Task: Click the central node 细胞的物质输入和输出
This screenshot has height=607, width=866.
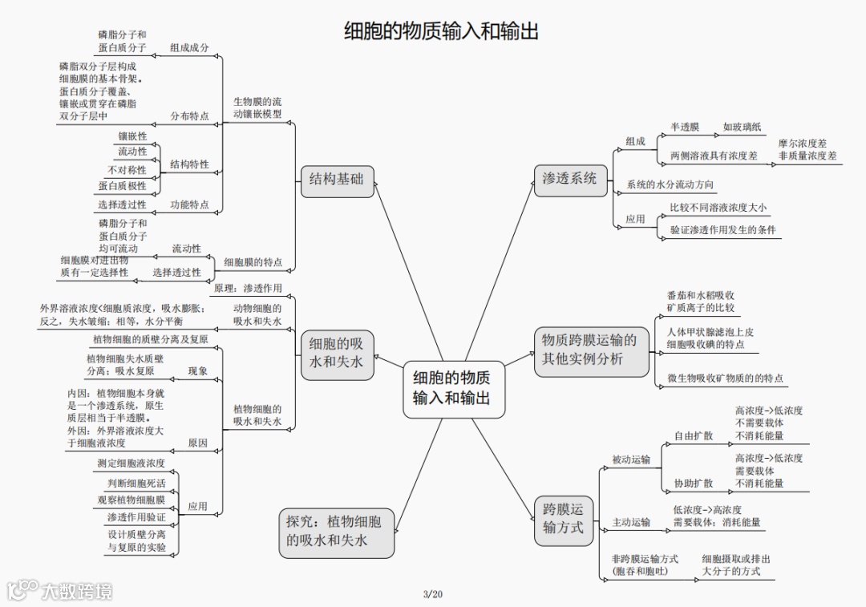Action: pos(453,387)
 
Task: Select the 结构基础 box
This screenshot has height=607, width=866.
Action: pos(337,180)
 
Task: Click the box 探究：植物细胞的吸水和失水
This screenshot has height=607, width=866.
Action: pos(337,532)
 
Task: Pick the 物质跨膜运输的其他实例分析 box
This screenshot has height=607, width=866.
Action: pos(591,350)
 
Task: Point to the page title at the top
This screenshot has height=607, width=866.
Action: pos(441,31)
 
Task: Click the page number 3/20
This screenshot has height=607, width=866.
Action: pos(432,594)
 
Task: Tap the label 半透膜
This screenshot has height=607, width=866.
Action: pos(685,127)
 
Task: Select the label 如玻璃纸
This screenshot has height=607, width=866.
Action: pos(743,127)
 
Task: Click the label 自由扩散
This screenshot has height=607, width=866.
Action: pos(693,436)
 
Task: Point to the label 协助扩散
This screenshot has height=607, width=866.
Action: pos(693,484)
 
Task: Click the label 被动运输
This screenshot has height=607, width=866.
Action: pos(631,460)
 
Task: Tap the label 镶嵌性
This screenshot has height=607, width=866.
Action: pos(132,136)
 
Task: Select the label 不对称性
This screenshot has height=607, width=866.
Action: pos(127,170)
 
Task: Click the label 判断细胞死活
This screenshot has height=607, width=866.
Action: pos(136,484)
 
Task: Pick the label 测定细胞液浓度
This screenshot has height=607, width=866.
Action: pos(132,463)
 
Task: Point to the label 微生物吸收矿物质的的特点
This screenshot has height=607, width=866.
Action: pos(725,378)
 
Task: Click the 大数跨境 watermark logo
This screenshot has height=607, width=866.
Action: pos(60,591)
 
